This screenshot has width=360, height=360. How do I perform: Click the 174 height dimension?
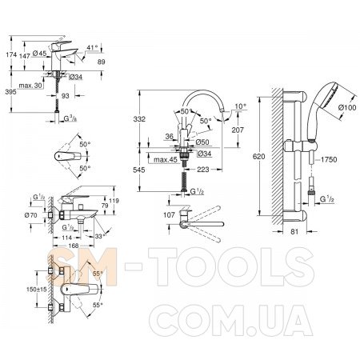pyautogui.click(x=11, y=54)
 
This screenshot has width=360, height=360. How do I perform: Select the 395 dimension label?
pyautogui.click(x=10, y=92)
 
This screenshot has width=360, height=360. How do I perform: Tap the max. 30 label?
pyautogui.click(x=30, y=86)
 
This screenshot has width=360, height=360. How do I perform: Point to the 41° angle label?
pyautogui.click(x=92, y=48)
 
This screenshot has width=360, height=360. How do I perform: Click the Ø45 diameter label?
pyautogui.click(x=39, y=54)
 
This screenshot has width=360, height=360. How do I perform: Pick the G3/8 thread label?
pyautogui.click(x=70, y=118)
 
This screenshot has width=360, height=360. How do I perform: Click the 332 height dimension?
pyautogui.click(x=139, y=118)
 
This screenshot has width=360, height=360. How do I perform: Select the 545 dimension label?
pyautogui.click(x=139, y=170)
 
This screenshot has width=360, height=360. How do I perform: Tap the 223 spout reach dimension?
pyautogui.click(x=203, y=169)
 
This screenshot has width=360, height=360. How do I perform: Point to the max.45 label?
pyautogui.click(x=166, y=159)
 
